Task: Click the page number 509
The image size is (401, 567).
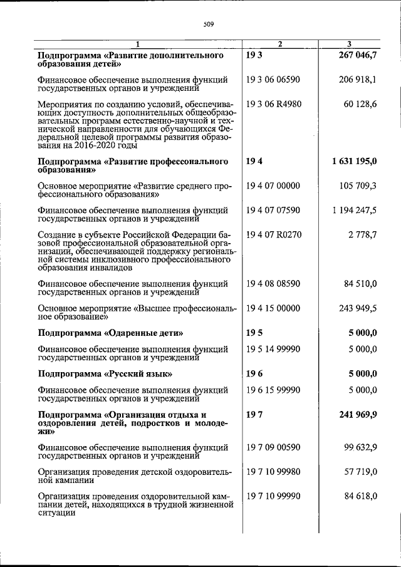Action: pyautogui.click(x=209, y=24)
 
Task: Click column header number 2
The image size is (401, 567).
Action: pyautogui.click(x=280, y=43)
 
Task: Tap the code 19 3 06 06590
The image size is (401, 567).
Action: pyautogui.click(x=274, y=80)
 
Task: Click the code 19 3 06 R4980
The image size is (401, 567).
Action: pyautogui.click(x=274, y=103)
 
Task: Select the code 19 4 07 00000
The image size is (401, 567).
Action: pyautogui.click(x=274, y=185)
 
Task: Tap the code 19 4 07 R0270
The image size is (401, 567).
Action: pyautogui.click(x=274, y=234)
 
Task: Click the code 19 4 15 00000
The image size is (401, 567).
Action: pyautogui.click(x=274, y=308)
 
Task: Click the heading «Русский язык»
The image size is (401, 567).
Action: pyautogui.click(x=105, y=374)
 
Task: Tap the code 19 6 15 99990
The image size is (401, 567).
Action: pyautogui.click(x=274, y=390)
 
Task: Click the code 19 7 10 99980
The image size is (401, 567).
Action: pyautogui.click(x=274, y=471)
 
